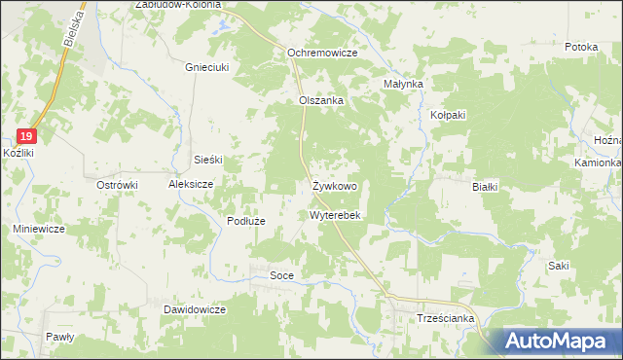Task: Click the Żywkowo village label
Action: pyautogui.click(x=335, y=185)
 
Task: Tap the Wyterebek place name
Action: pyautogui.click(x=336, y=215)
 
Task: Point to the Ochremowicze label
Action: pyautogui.click(x=322, y=53)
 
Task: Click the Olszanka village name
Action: pyautogui.click(x=322, y=100)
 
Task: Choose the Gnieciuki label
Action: pyautogui.click(x=206, y=68)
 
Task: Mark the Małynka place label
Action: pyautogui.click(x=404, y=85)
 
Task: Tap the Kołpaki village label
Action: pyautogui.click(x=449, y=115)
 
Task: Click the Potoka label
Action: pyautogui.click(x=580, y=47)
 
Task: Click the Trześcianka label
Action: pyautogui.click(x=445, y=318)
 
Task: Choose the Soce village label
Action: pyautogui.click(x=281, y=276)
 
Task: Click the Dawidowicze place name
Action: pyautogui.click(x=195, y=309)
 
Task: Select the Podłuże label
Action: pyautogui.click(x=246, y=222)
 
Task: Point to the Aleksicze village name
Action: pyautogui.click(x=191, y=183)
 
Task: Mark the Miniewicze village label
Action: pyautogui.click(x=39, y=229)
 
